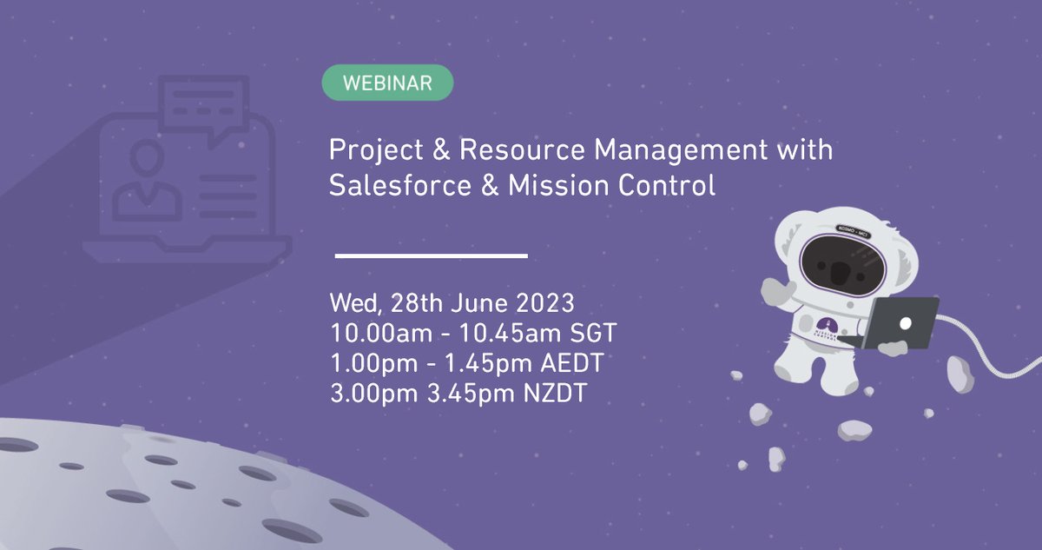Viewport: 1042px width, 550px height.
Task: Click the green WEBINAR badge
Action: tap(387, 83)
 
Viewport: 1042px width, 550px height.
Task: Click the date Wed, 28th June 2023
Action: tap(452, 305)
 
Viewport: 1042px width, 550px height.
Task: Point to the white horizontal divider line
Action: tap(432, 255)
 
